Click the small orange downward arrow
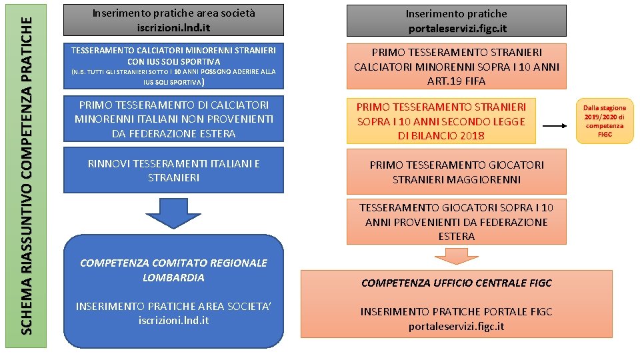pyautogui.click(x=456, y=256)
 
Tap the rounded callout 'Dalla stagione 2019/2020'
pyautogui.click(x=605, y=121)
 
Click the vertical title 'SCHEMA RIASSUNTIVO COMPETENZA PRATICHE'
pyautogui.click(x=27, y=175)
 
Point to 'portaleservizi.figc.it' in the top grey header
pyautogui.click(x=457, y=29)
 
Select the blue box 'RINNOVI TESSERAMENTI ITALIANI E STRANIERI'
pyautogui.click(x=173, y=171)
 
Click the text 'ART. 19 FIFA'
pyautogui.click(x=457, y=81)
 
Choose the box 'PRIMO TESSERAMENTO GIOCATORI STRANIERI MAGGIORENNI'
pyautogui.click(x=457, y=172)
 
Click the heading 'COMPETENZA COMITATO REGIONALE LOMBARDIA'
pyautogui.click(x=173, y=270)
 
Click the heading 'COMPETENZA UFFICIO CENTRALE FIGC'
pyautogui.click(x=457, y=283)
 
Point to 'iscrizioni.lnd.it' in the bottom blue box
pyautogui.click(x=173, y=321)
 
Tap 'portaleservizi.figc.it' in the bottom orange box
pyautogui.click(x=457, y=326)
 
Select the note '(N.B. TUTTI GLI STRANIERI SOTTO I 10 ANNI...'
pyautogui.click(x=173, y=77)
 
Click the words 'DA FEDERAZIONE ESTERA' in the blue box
pyautogui.click(x=173, y=133)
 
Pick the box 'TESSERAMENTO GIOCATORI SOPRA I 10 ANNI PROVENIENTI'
pyautogui.click(x=457, y=222)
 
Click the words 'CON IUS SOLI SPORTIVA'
pyautogui.click(x=173, y=61)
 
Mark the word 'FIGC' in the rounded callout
pyautogui.click(x=605, y=135)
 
